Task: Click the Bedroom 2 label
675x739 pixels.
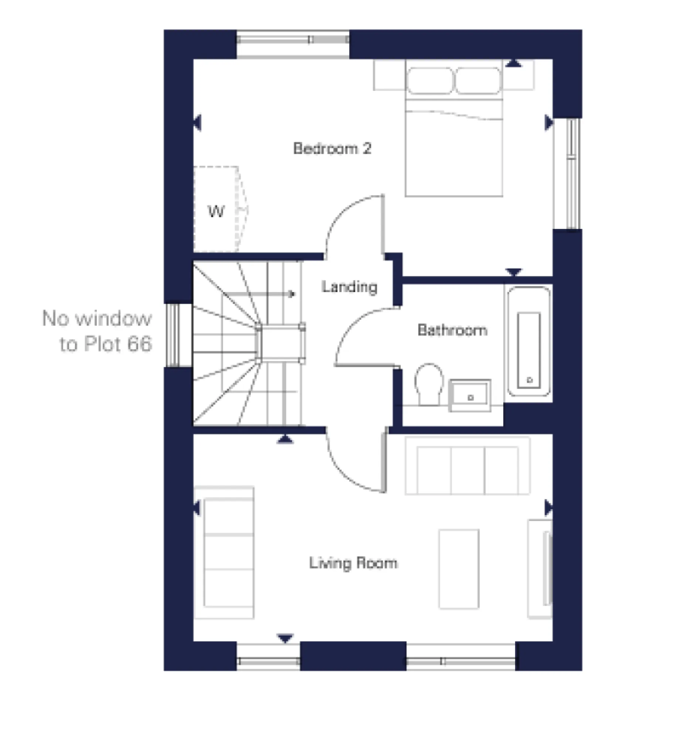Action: point(331,149)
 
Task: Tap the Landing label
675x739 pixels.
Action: point(349,287)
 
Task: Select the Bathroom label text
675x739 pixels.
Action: point(452,330)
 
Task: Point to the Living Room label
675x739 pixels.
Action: point(353,563)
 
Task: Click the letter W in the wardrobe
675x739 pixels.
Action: point(216,212)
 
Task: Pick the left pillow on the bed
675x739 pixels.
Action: point(430,81)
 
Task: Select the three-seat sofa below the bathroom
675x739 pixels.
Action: point(467,466)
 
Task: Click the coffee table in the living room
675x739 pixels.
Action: point(458,569)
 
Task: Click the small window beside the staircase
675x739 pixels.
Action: point(172,335)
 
